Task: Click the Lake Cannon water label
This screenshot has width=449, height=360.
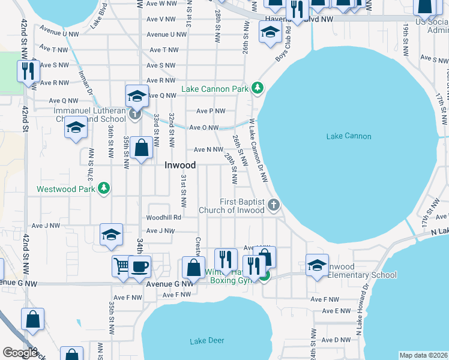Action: click(x=349, y=136)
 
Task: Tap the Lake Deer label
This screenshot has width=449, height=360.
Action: click(x=206, y=341)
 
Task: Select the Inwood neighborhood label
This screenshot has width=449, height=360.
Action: click(x=180, y=165)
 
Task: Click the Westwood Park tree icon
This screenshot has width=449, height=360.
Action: click(x=104, y=188)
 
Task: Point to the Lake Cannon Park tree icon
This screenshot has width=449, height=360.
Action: click(x=258, y=89)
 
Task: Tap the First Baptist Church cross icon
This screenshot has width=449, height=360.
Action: click(x=273, y=205)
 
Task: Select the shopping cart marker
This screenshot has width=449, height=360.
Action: click(x=122, y=266)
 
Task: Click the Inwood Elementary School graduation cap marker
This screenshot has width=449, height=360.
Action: click(x=317, y=265)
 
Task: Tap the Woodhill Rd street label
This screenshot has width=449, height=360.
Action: click(x=164, y=217)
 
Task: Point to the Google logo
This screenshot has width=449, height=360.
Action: click(x=20, y=353)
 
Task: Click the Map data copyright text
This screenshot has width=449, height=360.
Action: click(x=423, y=355)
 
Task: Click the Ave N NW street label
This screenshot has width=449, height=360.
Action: click(x=208, y=149)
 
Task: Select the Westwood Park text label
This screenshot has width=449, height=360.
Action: click(x=66, y=189)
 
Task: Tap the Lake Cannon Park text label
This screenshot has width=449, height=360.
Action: click(x=214, y=89)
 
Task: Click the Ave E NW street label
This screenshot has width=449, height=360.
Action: click(x=336, y=311)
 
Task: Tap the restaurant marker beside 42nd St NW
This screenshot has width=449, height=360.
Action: click(x=28, y=71)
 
